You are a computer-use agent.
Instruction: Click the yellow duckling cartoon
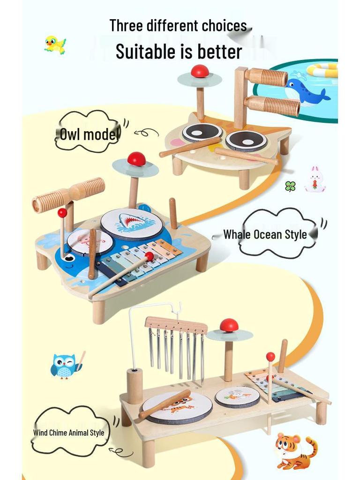tap(55, 45)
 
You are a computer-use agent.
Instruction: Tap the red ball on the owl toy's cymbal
tap(200, 71)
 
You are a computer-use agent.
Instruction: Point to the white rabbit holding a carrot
tap(315, 180)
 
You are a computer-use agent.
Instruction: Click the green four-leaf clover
tap(290, 186)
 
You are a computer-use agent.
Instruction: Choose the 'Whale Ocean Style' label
tap(265, 234)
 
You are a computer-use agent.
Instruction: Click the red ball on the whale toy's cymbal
tap(136, 159)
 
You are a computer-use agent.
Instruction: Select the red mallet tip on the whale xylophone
tap(150, 256)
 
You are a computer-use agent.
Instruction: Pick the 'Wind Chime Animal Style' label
tap(69, 433)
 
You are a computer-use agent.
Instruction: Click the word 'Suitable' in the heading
tap(149, 52)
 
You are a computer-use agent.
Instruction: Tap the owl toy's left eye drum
tap(202, 132)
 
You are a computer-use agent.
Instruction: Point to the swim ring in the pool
tap(322, 70)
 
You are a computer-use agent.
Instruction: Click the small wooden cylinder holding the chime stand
tap(135, 386)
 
